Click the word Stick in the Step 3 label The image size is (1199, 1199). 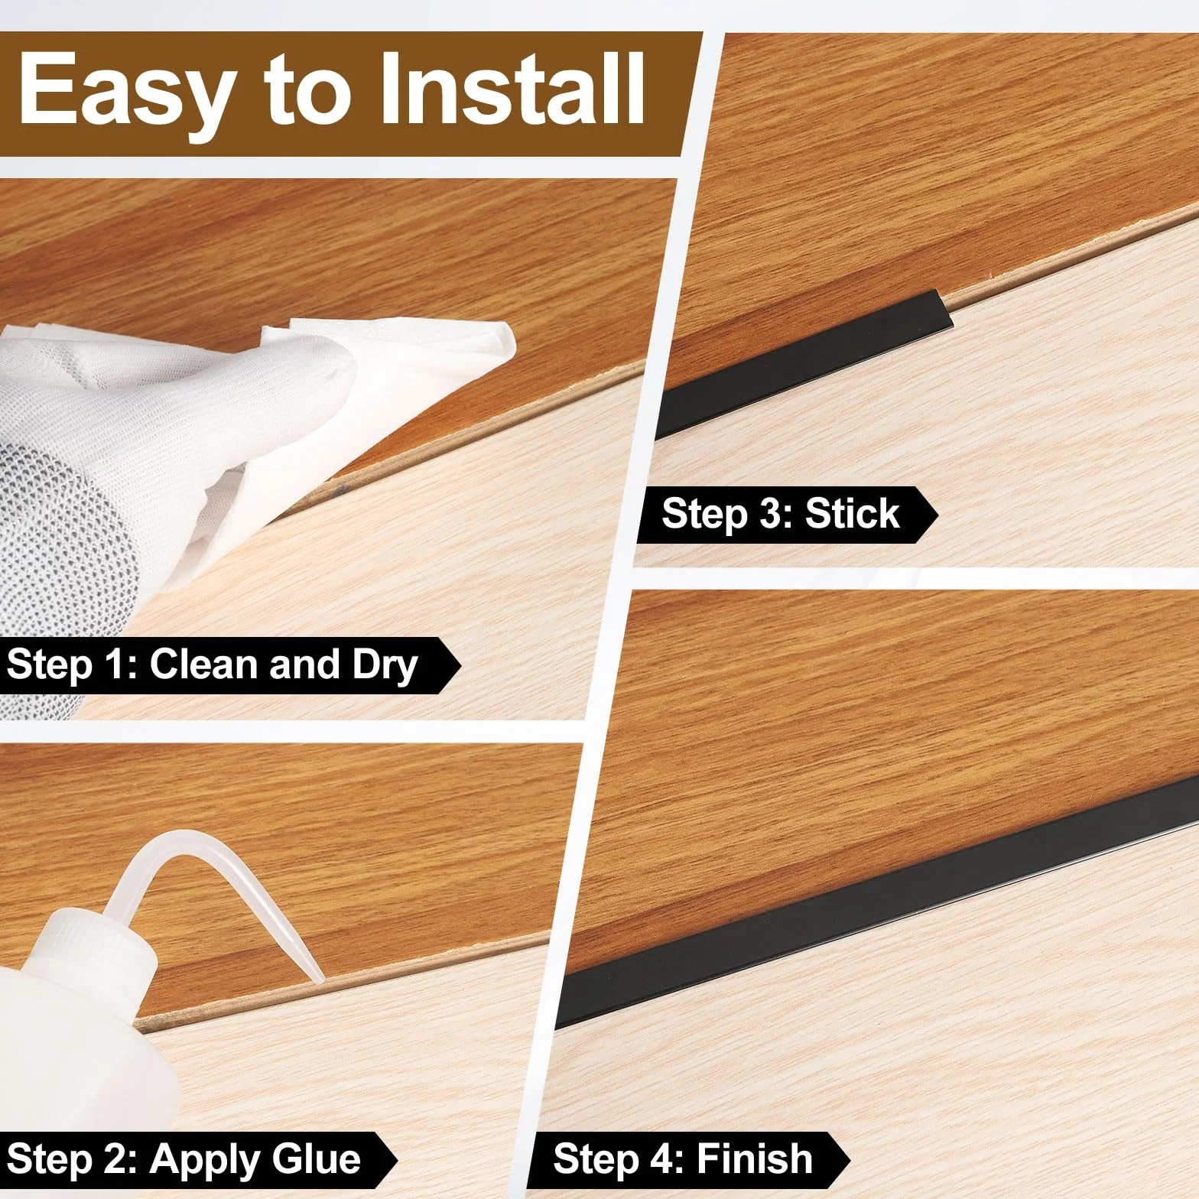click(852, 512)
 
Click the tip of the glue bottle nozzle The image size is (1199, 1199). click(317, 979)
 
